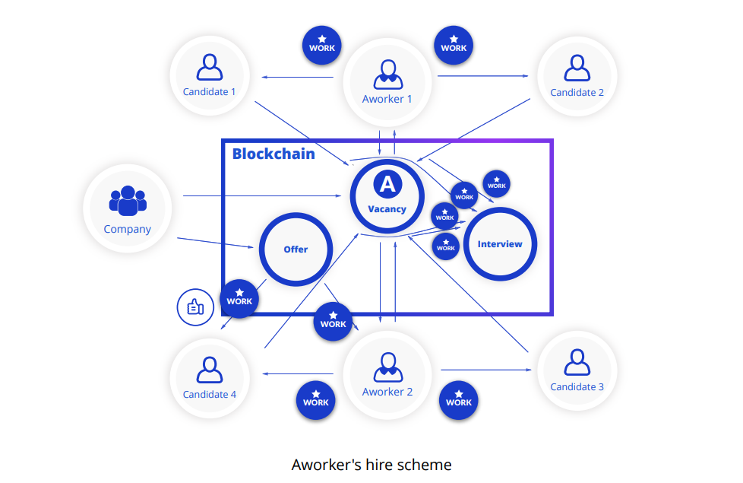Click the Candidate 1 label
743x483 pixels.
click(209, 92)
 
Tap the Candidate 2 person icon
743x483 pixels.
click(577, 68)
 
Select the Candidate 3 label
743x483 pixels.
click(577, 386)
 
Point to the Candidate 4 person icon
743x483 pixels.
click(209, 369)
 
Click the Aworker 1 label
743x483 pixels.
click(387, 99)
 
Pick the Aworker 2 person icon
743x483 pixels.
click(387, 367)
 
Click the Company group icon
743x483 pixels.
click(128, 200)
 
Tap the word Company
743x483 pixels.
click(128, 229)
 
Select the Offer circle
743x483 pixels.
click(296, 249)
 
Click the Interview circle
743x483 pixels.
click(500, 244)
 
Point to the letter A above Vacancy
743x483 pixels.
click(387, 184)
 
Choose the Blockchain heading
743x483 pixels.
click(273, 154)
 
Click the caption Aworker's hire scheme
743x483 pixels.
click(371, 464)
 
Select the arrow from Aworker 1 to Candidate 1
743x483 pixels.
click(298, 77)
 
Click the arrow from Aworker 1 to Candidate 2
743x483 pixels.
click(482, 76)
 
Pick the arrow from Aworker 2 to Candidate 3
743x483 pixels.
click(486, 370)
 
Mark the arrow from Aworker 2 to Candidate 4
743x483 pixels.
click(298, 373)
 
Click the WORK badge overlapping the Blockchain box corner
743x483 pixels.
click(239, 297)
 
